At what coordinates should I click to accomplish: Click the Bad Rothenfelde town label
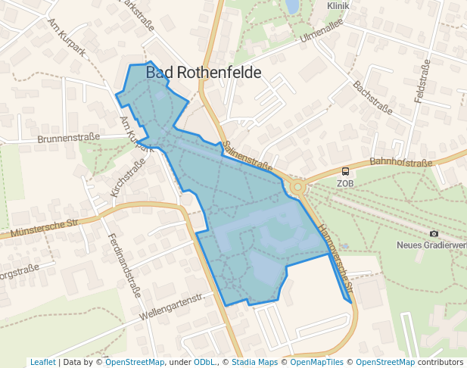click(203, 73)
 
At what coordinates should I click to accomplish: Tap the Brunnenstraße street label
click(69, 139)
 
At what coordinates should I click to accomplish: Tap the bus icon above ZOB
click(345, 172)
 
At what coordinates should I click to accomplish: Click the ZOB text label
click(345, 183)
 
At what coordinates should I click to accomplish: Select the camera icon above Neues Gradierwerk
click(434, 234)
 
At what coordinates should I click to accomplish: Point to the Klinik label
click(338, 5)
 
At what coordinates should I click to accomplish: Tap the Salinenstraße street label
click(248, 154)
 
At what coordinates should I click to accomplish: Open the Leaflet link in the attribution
click(42, 362)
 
